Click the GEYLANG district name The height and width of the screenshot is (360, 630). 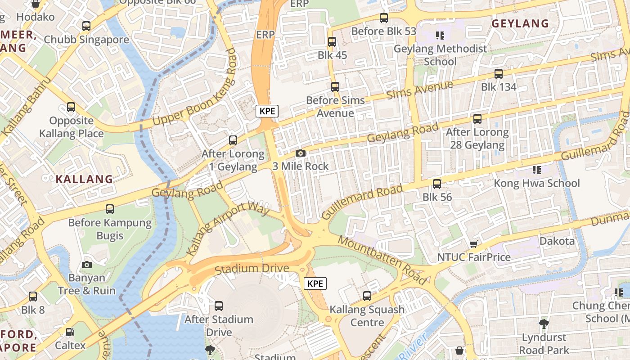pos(520,24)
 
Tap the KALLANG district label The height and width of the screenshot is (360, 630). pos(84,179)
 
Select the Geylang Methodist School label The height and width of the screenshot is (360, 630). pos(440,55)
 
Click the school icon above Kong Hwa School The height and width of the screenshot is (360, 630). pos(536,170)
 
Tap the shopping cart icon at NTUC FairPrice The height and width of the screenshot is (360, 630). pos(473,244)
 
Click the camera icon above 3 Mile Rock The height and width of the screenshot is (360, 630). pos(301,153)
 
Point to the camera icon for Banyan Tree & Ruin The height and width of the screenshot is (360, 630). pos(87,265)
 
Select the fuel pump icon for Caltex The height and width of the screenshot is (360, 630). pos(70,333)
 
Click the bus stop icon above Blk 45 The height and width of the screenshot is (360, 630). pos(332,42)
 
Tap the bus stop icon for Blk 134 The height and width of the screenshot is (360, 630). pos(499,74)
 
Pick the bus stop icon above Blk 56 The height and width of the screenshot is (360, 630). pos(437,184)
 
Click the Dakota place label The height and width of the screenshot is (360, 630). pos(557,241)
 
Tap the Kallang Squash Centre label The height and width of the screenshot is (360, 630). pos(367,316)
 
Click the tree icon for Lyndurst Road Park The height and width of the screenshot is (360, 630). pos(544,324)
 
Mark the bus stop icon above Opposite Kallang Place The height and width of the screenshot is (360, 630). pos(71,107)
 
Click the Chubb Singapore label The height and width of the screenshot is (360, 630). pos(86,40)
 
